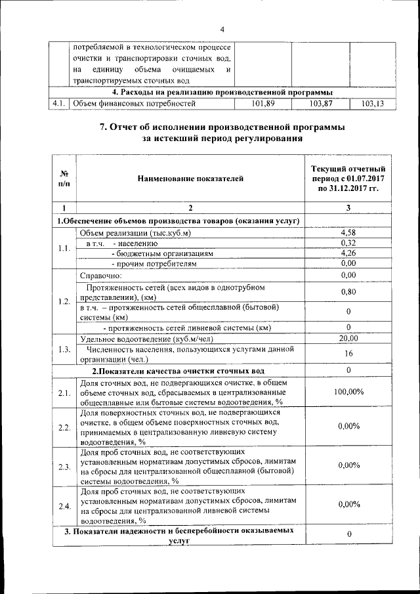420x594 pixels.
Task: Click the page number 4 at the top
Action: [222, 30]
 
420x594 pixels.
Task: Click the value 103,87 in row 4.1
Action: [320, 103]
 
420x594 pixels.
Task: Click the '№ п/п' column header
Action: [64, 178]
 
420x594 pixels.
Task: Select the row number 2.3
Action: [64, 467]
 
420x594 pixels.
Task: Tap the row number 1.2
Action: [64, 301]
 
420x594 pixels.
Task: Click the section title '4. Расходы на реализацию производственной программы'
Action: [222, 92]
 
